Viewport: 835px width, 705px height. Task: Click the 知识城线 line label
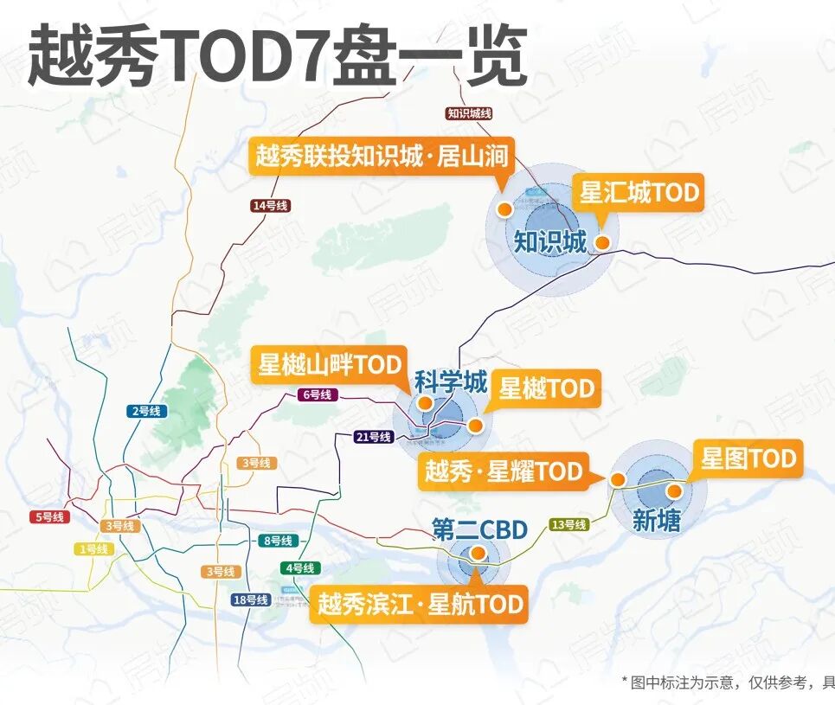pos(470,113)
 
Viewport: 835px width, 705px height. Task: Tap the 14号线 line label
pos(270,206)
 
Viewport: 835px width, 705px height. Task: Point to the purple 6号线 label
pos(318,394)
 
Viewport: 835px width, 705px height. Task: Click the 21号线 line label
pos(374,437)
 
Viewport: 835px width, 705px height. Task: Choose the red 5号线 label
pos(49,517)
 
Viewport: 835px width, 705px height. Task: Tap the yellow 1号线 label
pos(93,549)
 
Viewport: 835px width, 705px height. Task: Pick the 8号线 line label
pos(278,541)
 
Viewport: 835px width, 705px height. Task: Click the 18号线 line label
pos(251,600)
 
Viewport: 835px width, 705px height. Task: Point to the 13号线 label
pos(568,524)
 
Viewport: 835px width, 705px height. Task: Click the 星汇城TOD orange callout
pos(639,192)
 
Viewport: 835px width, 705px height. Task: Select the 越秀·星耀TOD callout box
pos(503,471)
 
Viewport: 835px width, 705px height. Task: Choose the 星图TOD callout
pos(748,458)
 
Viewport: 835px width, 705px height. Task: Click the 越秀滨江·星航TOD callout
pos(419,603)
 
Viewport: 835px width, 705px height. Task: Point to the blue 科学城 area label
pos(451,381)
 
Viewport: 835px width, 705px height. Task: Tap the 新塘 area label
pos(656,520)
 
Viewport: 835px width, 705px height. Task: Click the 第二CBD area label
pos(479,529)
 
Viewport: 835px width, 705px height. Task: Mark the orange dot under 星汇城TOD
pos(602,243)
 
